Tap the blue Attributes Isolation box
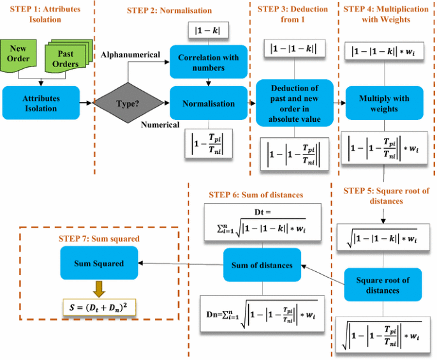point(40,103)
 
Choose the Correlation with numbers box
point(208,63)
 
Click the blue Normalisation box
point(208,103)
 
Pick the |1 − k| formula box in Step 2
point(207,30)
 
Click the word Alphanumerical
point(130,55)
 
